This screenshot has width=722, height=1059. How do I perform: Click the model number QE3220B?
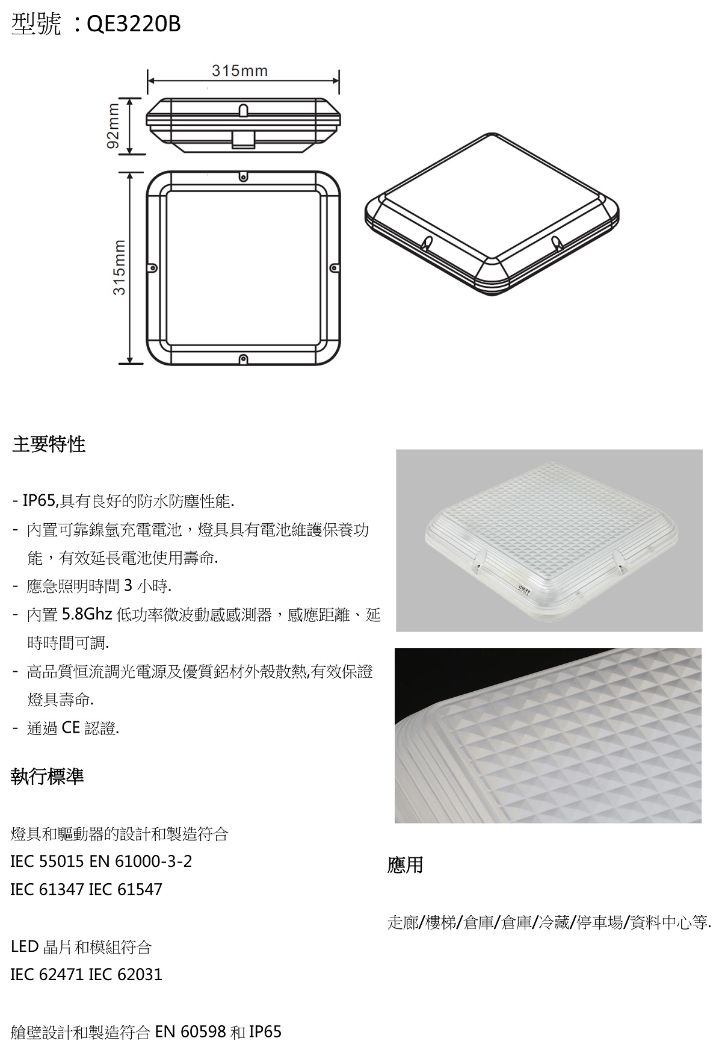click(134, 24)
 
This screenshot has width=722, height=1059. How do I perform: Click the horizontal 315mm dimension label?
click(240, 71)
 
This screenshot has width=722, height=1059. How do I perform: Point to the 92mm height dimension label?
click(113, 127)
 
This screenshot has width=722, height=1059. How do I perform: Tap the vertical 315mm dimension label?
click(119, 268)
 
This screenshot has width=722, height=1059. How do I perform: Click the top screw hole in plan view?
click(243, 177)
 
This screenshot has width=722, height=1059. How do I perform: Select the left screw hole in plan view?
click(153, 267)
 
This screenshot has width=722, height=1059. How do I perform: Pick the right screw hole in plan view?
click(333, 267)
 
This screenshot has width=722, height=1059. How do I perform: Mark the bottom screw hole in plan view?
click(243, 359)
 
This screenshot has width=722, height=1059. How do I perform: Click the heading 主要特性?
click(49, 445)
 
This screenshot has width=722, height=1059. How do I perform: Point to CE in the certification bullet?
click(70, 728)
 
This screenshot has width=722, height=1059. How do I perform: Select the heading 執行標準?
click(48, 777)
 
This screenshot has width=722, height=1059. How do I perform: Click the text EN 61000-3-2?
click(140, 862)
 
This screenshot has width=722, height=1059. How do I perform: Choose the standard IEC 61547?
click(125, 890)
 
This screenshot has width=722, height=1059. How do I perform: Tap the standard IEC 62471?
click(48, 975)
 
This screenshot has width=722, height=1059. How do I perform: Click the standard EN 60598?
click(191, 1032)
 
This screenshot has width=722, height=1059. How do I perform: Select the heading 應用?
click(406, 865)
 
